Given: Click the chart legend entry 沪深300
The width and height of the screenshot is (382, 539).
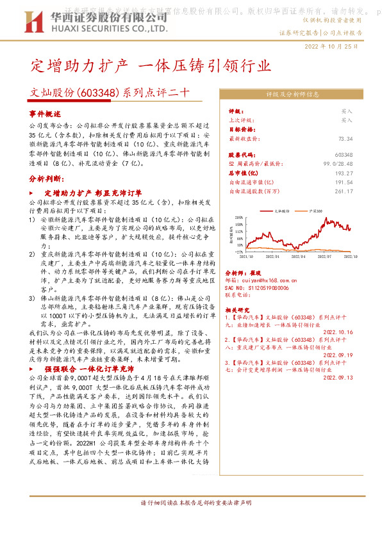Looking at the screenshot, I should click(315, 210).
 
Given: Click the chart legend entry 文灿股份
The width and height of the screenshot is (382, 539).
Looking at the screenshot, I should click(282, 210).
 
